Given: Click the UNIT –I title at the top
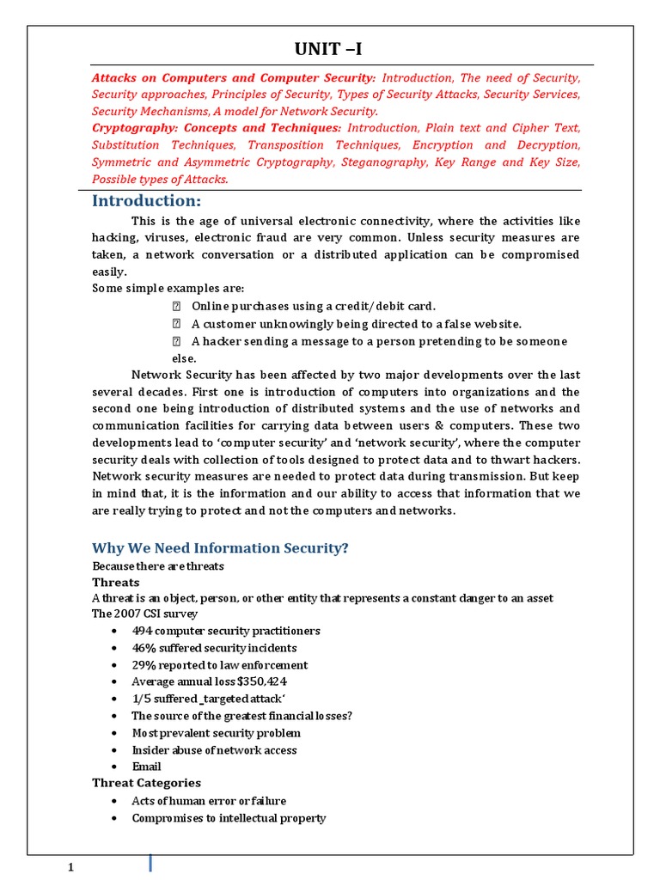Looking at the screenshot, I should [335, 50].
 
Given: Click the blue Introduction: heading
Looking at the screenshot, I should [146, 201].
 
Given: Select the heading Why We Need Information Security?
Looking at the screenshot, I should [220, 548].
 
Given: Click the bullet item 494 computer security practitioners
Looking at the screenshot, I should [225, 631].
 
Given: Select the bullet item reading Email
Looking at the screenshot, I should [146, 767].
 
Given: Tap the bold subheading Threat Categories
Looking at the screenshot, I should [146, 783].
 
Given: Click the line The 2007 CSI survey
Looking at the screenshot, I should [144, 614].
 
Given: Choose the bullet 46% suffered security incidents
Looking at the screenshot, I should [214, 648].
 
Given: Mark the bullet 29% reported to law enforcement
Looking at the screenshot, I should [219, 665].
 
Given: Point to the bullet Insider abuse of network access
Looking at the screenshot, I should [214, 750].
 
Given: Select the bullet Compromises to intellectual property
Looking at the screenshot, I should [229, 818].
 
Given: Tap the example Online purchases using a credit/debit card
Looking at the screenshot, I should [314, 306].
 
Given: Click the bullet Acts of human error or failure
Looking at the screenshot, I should [209, 801].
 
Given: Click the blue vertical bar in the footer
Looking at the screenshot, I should [152, 864].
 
